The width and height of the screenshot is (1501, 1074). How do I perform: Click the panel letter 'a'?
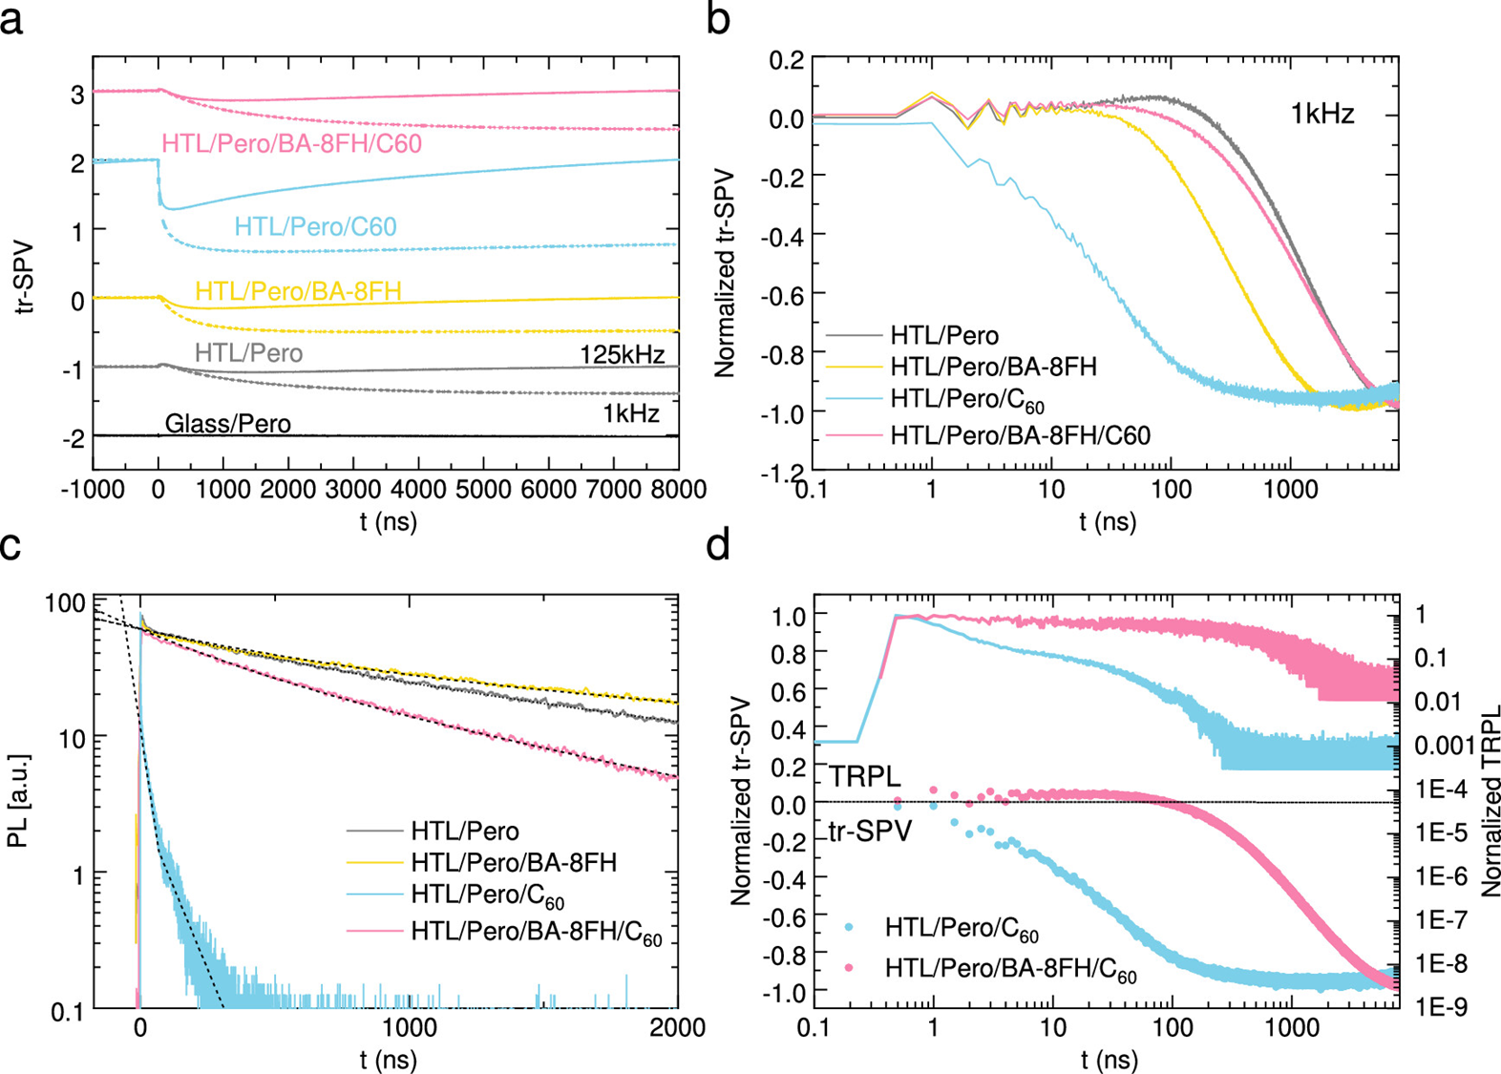[13, 19]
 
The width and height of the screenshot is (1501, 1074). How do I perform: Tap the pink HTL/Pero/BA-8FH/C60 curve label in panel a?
[291, 144]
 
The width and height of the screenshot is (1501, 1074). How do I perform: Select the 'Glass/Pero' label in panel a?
[227, 423]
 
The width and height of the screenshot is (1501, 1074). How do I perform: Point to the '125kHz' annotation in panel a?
[622, 355]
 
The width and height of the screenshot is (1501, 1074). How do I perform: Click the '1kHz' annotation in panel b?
[1322, 115]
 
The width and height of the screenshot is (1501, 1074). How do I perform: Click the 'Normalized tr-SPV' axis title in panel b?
[725, 274]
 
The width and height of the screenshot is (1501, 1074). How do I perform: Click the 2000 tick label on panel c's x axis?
[676, 1028]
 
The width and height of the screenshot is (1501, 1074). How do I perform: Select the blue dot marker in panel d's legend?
[850, 927]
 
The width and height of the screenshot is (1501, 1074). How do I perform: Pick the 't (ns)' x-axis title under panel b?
[1108, 521]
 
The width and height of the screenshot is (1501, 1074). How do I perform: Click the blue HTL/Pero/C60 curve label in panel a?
[315, 226]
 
